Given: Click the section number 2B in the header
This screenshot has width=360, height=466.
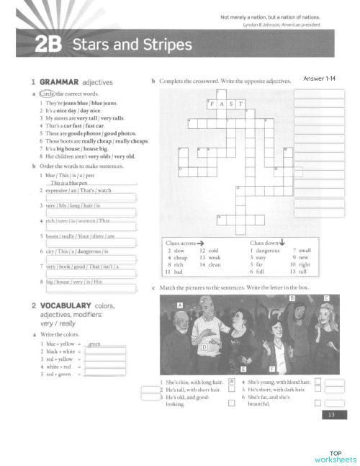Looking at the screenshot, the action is (46, 46).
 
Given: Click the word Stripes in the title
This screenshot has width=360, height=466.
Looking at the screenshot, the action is (167, 45).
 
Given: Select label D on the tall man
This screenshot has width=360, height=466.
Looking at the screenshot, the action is (204, 347).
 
